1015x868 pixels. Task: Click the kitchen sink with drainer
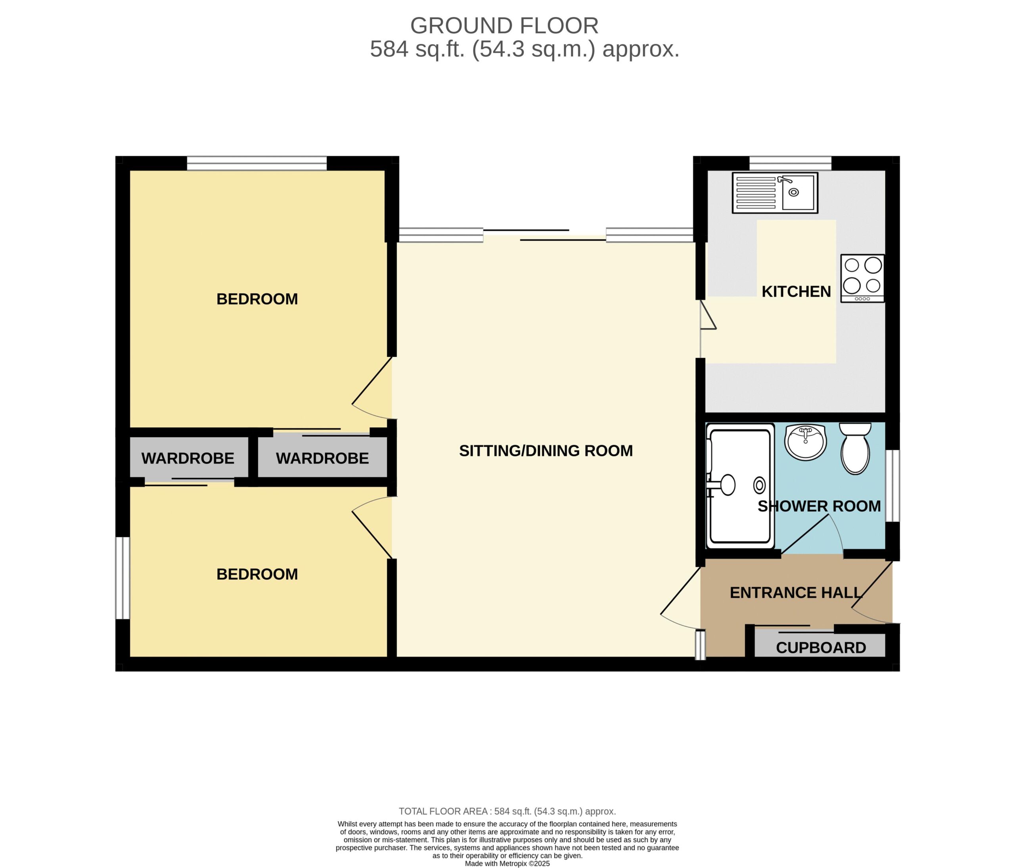[775, 193]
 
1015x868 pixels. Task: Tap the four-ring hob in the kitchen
[863, 278]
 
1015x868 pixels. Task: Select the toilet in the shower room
[855, 448]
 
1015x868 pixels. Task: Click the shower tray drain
[760, 485]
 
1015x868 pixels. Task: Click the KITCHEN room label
[796, 292]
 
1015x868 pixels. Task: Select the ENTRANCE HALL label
[795, 593]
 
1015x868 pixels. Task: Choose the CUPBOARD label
[821, 647]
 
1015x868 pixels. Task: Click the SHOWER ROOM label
[819, 506]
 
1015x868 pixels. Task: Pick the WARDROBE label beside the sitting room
[322, 458]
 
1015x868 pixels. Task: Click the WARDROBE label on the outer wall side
[188, 458]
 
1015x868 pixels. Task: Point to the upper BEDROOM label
[257, 299]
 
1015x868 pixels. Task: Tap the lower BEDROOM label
[257, 574]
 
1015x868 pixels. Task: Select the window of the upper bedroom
[257, 163]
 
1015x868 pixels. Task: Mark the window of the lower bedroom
[123, 578]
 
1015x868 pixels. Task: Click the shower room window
[892, 486]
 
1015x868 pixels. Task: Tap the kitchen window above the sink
[790, 163]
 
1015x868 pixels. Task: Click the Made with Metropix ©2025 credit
[507, 864]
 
